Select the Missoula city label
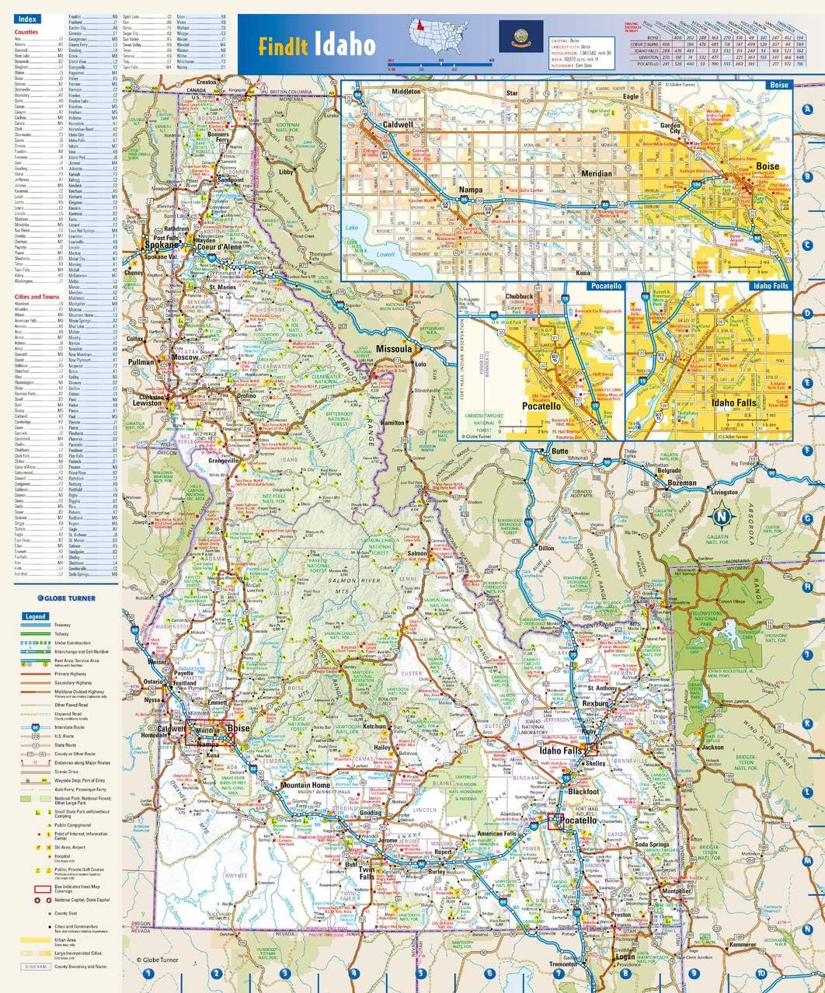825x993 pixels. pyautogui.click(x=394, y=350)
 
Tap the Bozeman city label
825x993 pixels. pyautogui.click(x=681, y=483)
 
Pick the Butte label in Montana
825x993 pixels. pyautogui.click(x=559, y=451)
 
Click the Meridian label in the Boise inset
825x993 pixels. pyautogui.click(x=596, y=174)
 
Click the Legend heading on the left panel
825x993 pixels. pyautogui.click(x=35, y=616)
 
